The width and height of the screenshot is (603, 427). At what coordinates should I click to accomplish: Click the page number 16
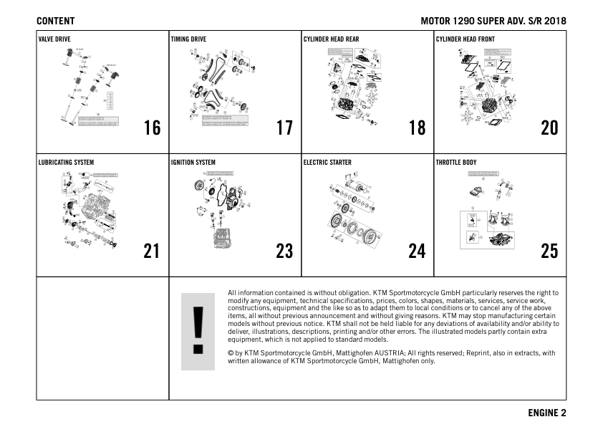[x=152, y=128]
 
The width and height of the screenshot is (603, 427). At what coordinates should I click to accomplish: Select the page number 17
[x=284, y=128]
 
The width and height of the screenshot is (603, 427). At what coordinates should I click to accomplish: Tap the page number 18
[x=417, y=128]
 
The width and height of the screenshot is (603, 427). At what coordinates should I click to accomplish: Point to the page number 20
[x=549, y=128]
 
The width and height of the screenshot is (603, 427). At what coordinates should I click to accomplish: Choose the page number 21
[x=152, y=251]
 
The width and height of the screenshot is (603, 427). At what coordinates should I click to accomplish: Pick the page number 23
[x=284, y=251]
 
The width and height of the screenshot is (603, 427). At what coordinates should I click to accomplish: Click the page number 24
[x=417, y=251]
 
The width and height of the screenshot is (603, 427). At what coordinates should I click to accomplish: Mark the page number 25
[x=549, y=251]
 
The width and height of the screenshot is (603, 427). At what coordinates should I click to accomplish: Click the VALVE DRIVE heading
[x=54, y=39]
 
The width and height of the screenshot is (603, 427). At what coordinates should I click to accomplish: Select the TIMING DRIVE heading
[x=188, y=39]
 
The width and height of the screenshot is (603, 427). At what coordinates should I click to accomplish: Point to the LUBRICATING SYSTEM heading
[x=66, y=163]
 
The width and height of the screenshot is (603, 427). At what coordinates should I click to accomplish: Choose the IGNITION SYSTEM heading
[x=193, y=163]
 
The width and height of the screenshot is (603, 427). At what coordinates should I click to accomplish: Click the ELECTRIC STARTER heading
[x=327, y=163]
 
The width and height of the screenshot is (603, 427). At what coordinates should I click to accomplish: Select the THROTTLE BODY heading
[x=456, y=163]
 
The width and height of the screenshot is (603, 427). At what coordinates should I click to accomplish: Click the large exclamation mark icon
[x=198, y=332]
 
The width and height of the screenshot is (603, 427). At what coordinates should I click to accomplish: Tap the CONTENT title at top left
[x=55, y=21]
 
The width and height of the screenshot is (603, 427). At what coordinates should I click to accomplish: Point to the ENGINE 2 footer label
[x=547, y=413]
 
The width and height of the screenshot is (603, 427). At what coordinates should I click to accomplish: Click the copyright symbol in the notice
[x=230, y=353]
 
